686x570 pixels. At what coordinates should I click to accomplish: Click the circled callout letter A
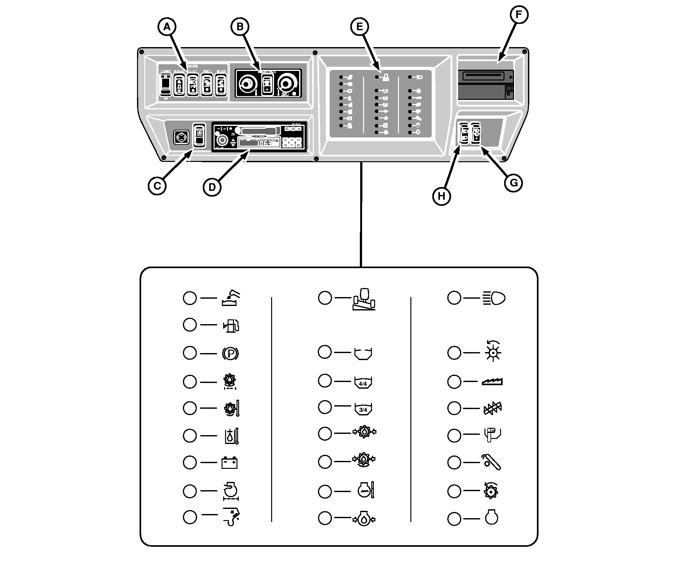pyautogui.click(x=167, y=27)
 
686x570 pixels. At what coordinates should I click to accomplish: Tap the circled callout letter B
pyautogui.click(x=240, y=27)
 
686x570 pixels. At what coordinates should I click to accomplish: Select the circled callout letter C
pyautogui.click(x=157, y=186)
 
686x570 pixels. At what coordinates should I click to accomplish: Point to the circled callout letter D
pyautogui.click(x=212, y=187)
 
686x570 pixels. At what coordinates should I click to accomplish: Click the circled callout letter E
pyautogui.click(x=359, y=27)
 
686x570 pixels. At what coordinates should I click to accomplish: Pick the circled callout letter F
pyautogui.click(x=519, y=15)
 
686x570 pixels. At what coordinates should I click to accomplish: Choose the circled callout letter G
pyautogui.click(x=513, y=183)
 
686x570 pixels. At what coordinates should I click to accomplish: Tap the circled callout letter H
pyautogui.click(x=441, y=197)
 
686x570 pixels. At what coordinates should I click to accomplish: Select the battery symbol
pyautogui.click(x=230, y=463)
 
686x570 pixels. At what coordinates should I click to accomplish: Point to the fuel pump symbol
pyautogui.click(x=231, y=325)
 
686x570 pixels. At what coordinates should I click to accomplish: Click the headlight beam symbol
pyautogui.click(x=494, y=298)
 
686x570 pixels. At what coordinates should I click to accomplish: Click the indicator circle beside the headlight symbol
pyautogui.click(x=454, y=298)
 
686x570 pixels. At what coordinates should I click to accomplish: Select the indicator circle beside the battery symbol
pyautogui.click(x=190, y=463)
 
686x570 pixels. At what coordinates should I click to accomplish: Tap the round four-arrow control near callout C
pyautogui.click(x=181, y=137)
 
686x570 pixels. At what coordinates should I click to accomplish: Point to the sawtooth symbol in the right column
pyautogui.click(x=492, y=382)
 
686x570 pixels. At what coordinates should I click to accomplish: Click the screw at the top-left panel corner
pyautogui.click(x=141, y=52)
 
